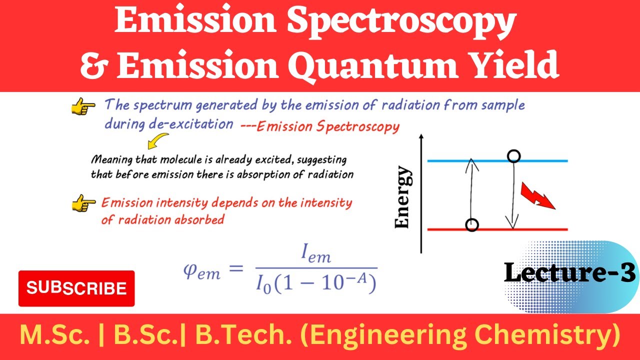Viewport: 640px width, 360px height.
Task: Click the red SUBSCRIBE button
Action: coord(76,288)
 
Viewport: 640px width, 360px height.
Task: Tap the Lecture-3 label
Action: coord(570,273)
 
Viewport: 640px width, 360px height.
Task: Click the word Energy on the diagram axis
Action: coord(403,198)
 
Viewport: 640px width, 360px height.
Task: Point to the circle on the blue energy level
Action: coord(513,156)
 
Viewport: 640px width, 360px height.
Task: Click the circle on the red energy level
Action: coord(471,225)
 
